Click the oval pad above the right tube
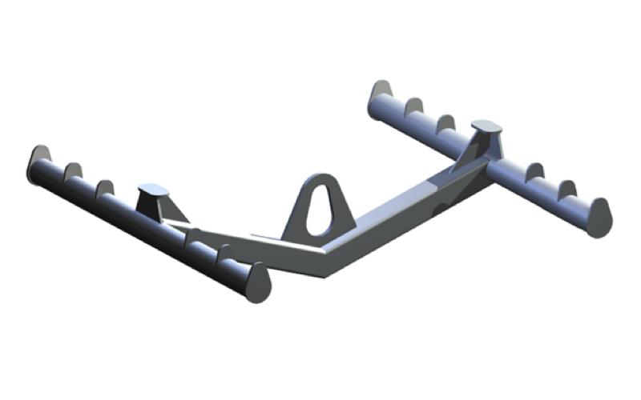tap(486, 126)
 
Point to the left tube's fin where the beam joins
tap(195, 235)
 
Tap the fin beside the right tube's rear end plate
tap(413, 106)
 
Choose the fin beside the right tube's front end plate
tap(567, 190)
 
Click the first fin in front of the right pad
tap(534, 171)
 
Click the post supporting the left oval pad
tap(152, 206)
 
